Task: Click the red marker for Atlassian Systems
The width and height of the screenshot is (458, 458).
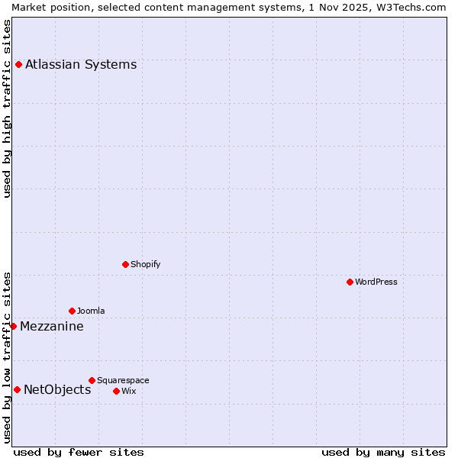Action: tap(18, 64)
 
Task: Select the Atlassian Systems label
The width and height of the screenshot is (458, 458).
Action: tap(81, 64)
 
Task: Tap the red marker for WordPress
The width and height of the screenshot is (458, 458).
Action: tap(350, 282)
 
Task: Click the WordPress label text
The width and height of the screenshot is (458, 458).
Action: tap(376, 282)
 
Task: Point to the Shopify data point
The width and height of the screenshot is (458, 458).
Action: tap(125, 264)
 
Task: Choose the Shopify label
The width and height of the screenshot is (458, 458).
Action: tap(146, 264)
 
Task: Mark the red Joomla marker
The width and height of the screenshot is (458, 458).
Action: tap(72, 311)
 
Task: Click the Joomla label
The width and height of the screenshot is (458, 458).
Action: tap(91, 311)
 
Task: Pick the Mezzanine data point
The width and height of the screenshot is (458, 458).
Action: tap(13, 326)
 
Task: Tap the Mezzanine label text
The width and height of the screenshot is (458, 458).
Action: tap(52, 327)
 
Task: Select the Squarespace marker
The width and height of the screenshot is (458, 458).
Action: tap(92, 380)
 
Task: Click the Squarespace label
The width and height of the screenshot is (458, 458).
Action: tap(123, 380)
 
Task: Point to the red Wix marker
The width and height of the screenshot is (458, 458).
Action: tap(116, 391)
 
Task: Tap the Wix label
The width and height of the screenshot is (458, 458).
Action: tap(128, 391)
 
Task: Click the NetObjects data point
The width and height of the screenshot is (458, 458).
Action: tap(17, 389)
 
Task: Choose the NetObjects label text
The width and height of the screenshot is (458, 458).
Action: tap(57, 390)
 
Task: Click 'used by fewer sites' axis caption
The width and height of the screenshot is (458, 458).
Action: tap(79, 452)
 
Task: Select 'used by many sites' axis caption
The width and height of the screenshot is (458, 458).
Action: tap(383, 452)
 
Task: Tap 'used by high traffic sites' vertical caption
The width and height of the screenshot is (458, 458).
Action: tap(7, 108)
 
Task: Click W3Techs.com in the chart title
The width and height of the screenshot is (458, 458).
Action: tap(409, 7)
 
